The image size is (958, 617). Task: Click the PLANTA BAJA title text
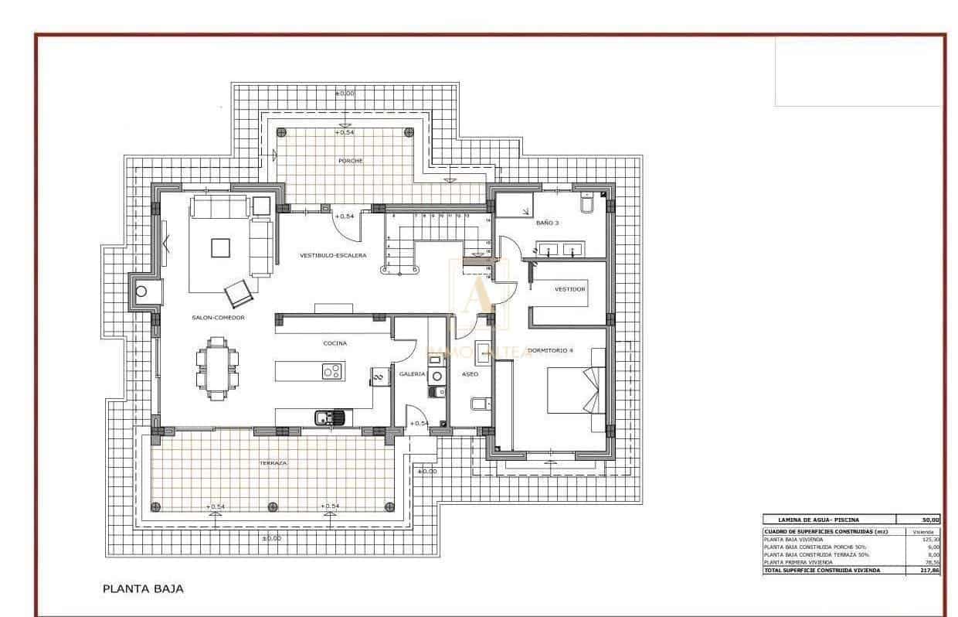coord(143,588)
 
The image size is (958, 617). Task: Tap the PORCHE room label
coord(350,161)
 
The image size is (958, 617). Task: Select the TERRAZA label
coord(273,462)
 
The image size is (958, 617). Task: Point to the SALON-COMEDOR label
coord(219,318)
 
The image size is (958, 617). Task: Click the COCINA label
coord(335,343)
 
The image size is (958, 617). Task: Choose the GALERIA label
coord(412,373)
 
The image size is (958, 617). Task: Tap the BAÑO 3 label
coord(547,223)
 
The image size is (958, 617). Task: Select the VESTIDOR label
coord(570,289)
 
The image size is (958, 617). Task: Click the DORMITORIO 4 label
coord(550,350)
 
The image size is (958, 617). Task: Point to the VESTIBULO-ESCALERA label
coord(333,255)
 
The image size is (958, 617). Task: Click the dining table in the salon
coord(218,370)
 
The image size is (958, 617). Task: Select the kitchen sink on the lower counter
coord(330,418)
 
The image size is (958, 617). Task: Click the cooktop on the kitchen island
coord(332,372)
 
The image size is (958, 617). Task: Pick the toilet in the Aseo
coord(478,403)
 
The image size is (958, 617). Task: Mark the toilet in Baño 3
coord(586,203)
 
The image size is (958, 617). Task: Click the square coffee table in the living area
coord(221,247)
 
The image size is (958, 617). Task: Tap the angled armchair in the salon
coord(237,293)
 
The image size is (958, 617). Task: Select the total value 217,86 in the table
coord(929,570)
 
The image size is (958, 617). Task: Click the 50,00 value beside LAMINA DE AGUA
coord(929,520)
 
